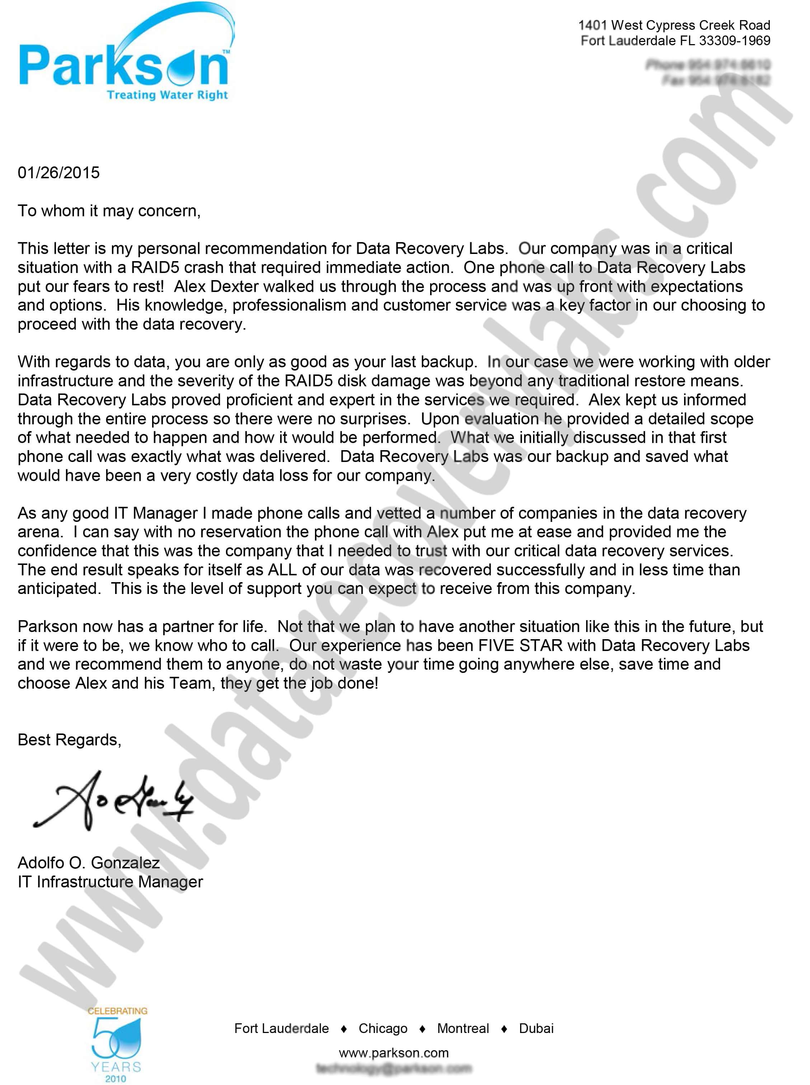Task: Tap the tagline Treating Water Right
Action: click(167, 95)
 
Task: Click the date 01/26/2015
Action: click(58, 173)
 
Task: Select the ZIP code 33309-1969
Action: click(735, 41)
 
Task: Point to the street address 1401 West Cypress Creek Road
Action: click(674, 25)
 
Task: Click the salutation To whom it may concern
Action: click(109, 211)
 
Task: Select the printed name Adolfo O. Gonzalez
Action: click(89, 862)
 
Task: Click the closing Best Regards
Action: click(69, 739)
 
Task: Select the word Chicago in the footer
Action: click(383, 1028)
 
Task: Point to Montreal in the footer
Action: click(463, 1028)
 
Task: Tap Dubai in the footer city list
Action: click(536, 1028)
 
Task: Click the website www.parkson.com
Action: click(394, 1053)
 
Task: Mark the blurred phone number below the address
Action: click(707, 64)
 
